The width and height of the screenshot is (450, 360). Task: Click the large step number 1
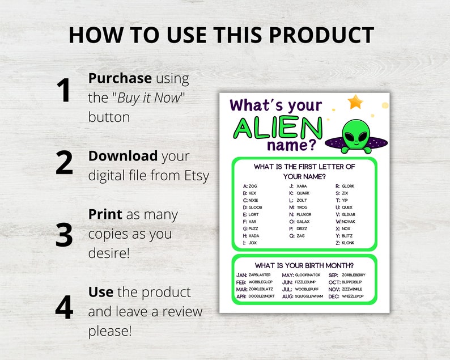click(63, 91)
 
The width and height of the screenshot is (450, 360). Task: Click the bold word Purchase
click(120, 78)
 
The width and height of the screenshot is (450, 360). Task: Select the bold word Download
click(123, 156)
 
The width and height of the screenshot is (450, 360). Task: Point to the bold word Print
click(105, 214)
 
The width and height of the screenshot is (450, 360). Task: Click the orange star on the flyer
click(355, 102)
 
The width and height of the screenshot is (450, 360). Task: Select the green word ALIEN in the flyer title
click(278, 129)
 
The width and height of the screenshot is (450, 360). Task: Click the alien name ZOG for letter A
click(253, 186)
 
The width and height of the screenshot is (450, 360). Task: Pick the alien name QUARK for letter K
click(303, 193)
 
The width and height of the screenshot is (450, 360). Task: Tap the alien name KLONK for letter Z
click(348, 243)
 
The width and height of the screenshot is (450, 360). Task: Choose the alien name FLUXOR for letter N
click(304, 214)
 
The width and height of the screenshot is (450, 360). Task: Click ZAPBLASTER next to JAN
click(260, 275)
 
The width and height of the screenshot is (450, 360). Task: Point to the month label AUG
click(287, 296)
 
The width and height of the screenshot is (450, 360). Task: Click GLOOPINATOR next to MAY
click(308, 275)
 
